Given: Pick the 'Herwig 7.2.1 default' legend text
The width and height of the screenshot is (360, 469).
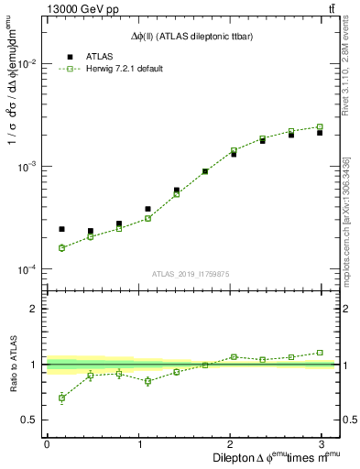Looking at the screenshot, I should click(x=125, y=70).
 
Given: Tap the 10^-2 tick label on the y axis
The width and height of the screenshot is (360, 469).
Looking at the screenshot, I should click(x=27, y=64).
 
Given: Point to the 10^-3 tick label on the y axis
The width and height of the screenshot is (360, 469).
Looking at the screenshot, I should click(x=27, y=167).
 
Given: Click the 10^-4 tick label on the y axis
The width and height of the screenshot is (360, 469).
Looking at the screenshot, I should click(x=27, y=269).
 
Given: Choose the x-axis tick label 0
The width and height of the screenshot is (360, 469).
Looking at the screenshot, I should click(x=47, y=443).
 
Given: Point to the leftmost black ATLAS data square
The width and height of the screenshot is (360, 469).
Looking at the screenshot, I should click(x=61, y=229).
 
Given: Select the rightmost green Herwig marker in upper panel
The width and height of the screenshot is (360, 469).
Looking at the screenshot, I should click(x=320, y=126).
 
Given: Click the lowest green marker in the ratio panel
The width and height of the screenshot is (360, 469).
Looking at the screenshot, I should click(x=61, y=398).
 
